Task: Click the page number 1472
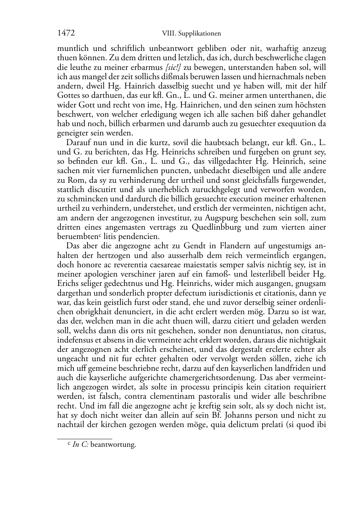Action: click(x=66, y=33)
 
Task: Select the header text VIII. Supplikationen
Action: click(x=191, y=34)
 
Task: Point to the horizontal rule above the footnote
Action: click(x=85, y=438)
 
